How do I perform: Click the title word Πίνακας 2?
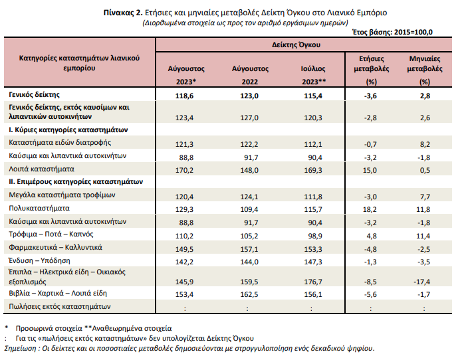123,13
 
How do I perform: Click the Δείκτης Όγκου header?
296,45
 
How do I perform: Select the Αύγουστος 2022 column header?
250,75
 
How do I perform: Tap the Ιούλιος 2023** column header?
313,75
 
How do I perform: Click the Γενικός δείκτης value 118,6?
185,96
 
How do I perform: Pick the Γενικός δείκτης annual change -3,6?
370,96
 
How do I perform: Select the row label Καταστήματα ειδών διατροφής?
60,143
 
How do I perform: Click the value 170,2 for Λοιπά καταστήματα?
185,170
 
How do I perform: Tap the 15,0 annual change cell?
370,170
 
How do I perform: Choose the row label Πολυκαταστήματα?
39,208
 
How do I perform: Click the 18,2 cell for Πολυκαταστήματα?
370,209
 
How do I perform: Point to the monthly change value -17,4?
422,282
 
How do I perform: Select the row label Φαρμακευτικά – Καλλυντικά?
55,247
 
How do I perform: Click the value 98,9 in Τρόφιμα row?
315,236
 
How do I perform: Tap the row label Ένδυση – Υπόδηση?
39,260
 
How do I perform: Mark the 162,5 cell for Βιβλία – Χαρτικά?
249,294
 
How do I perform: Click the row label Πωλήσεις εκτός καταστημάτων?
59,306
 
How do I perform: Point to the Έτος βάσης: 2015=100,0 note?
393,33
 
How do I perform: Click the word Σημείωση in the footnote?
20,349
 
